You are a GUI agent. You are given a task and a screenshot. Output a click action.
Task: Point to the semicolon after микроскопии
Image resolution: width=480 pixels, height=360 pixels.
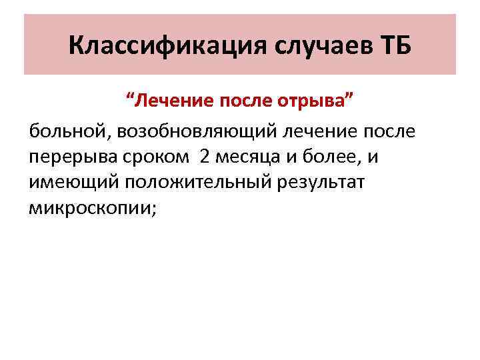(x=155, y=211)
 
